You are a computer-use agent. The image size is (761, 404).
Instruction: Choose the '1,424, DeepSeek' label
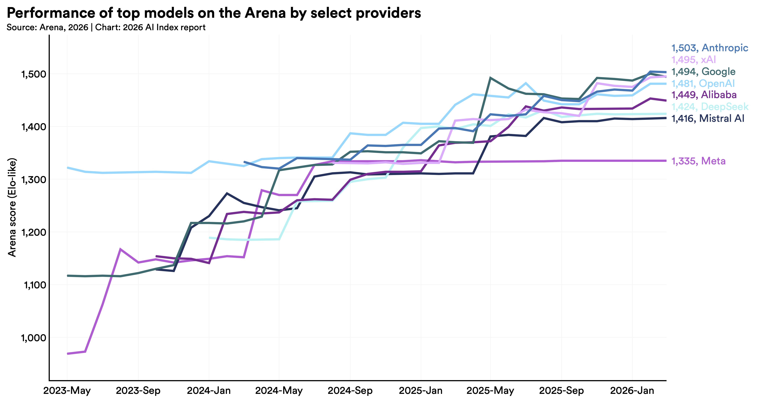click(710, 107)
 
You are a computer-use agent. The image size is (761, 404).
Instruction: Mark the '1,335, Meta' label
click(698, 161)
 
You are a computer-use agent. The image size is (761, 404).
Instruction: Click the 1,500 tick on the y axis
click(33, 74)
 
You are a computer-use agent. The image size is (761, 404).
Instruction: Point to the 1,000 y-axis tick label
click(33, 338)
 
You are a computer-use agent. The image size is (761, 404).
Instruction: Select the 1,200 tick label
click(33, 232)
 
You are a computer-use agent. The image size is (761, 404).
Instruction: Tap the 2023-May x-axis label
click(67, 391)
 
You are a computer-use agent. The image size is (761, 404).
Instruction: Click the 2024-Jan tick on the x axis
click(209, 391)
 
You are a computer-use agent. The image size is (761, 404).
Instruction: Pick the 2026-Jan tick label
click(632, 391)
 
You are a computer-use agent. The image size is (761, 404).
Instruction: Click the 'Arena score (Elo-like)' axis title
click(12, 207)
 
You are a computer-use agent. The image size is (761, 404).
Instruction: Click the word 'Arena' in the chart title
click(265, 13)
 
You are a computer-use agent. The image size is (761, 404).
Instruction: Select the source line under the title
click(106, 28)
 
